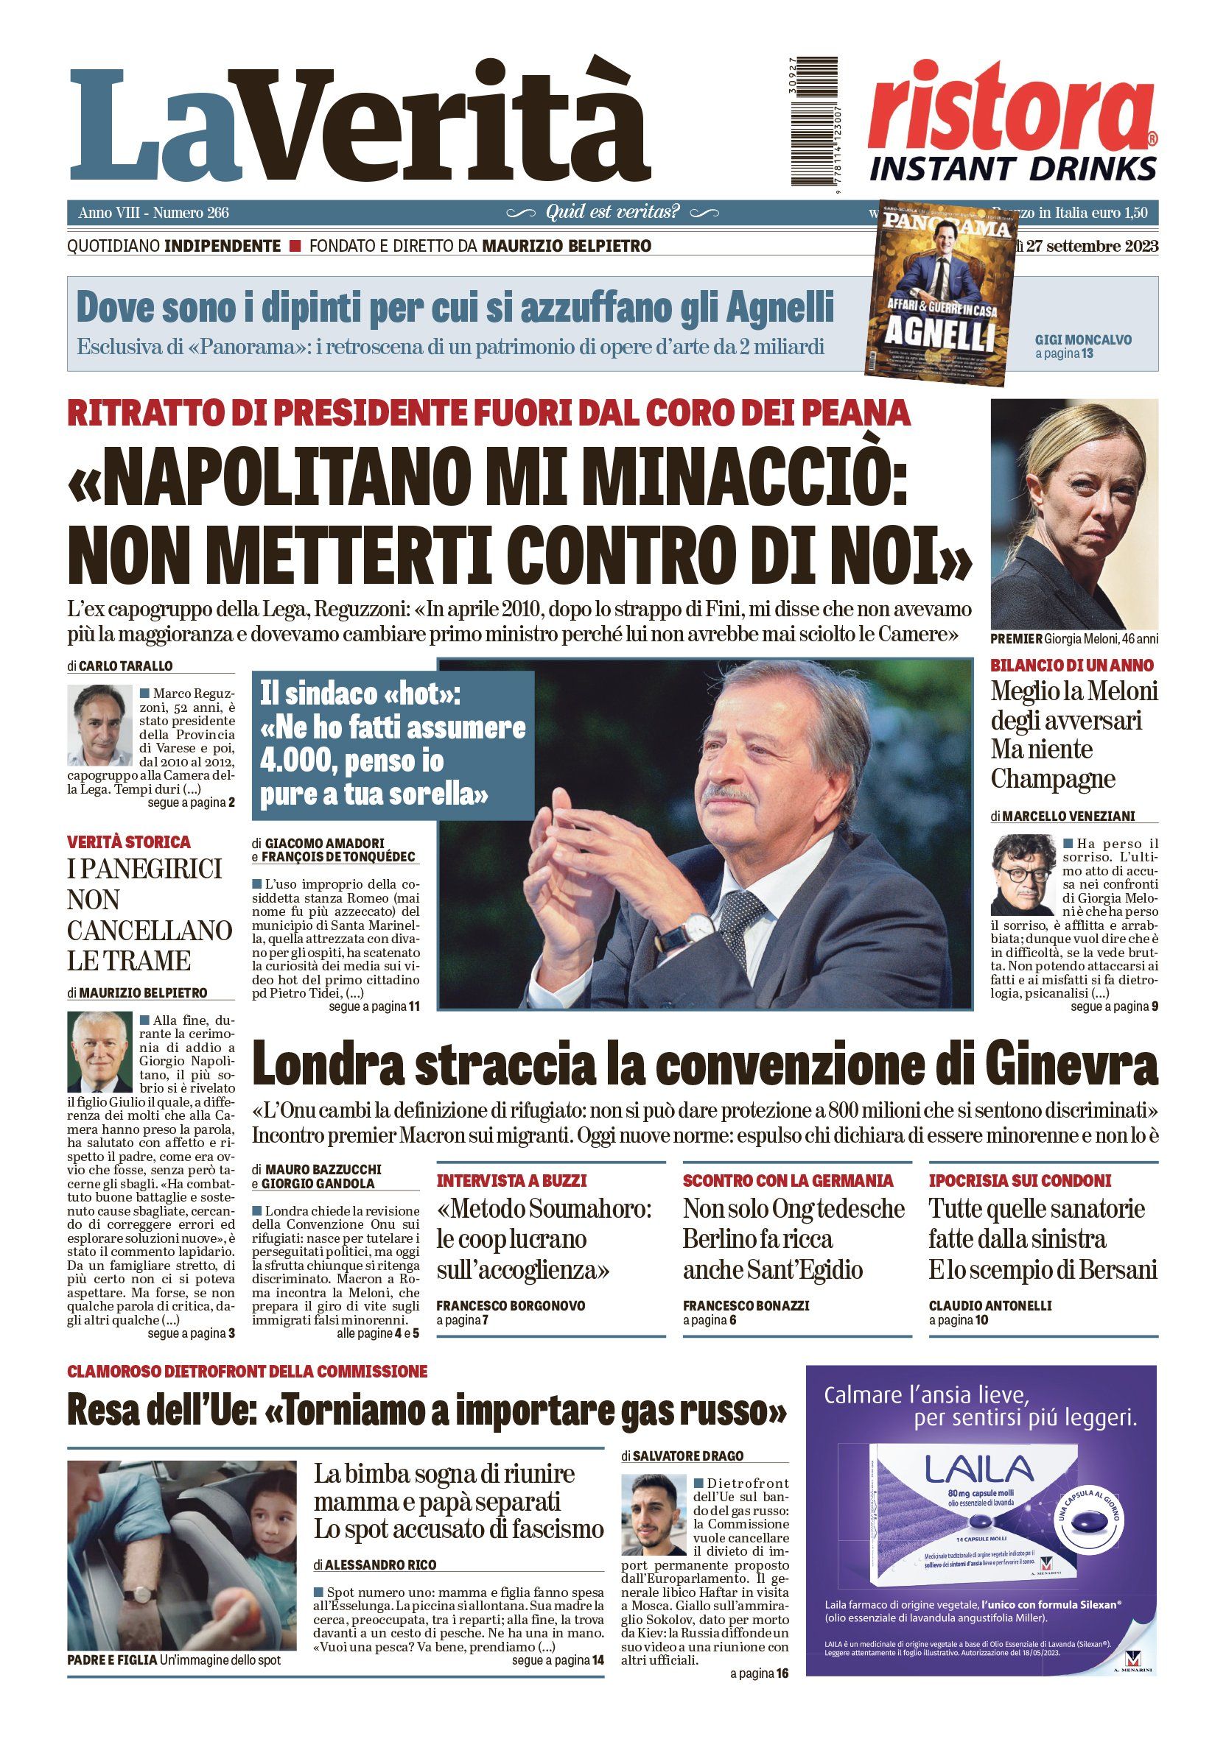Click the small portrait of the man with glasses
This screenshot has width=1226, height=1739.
[x=1022, y=875]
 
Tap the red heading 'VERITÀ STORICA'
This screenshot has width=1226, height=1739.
[x=129, y=842]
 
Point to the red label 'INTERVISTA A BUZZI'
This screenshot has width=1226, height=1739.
[x=511, y=1180]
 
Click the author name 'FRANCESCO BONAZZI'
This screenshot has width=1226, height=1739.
[x=746, y=1306]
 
